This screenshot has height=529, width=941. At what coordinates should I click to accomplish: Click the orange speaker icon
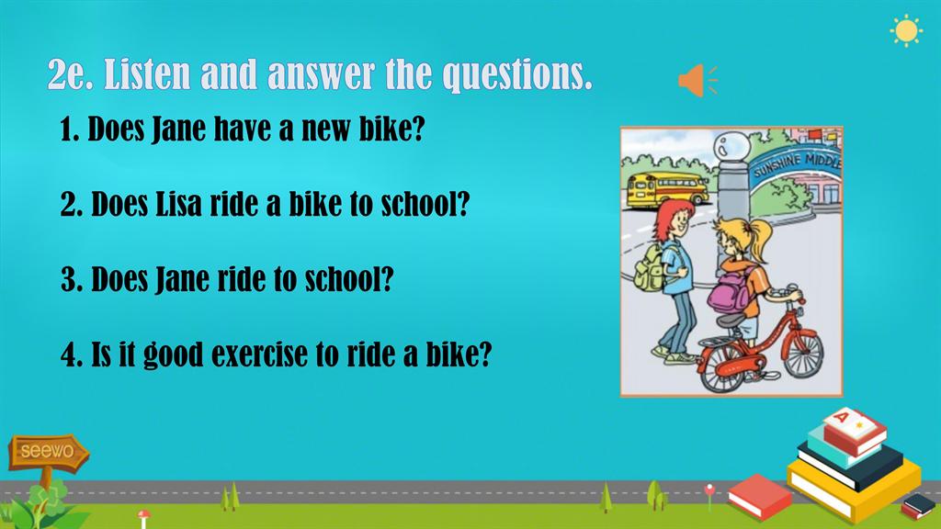(697, 80)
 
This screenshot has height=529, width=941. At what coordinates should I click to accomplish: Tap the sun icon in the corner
(906, 31)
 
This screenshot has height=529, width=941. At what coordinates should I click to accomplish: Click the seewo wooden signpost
(48, 456)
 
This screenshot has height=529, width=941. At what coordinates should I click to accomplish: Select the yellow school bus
(667, 189)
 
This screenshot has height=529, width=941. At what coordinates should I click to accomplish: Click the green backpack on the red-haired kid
(650, 268)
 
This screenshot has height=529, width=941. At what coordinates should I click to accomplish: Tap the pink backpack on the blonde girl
(729, 293)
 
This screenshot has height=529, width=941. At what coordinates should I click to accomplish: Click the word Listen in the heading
(147, 74)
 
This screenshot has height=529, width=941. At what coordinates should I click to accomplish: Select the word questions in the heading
(516, 76)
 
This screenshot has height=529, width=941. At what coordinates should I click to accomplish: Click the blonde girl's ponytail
(758, 238)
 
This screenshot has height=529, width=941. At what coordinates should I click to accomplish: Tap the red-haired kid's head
(674, 219)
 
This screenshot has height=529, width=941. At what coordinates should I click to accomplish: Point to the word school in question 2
(425, 204)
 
